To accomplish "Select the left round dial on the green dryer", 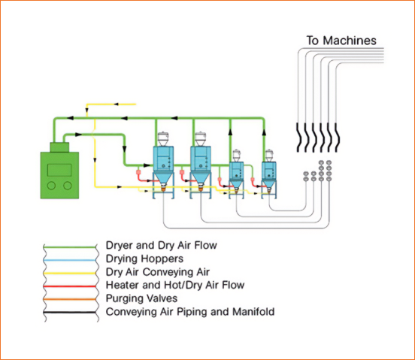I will click(50, 185).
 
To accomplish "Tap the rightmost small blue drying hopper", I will click(268, 171).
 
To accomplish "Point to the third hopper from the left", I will click(236, 171).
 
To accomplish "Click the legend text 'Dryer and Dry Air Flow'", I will click(163, 245).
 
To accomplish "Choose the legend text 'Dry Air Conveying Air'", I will click(160, 272).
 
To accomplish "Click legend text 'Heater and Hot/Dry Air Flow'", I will click(175, 286).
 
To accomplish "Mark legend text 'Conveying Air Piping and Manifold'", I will click(190, 311).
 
